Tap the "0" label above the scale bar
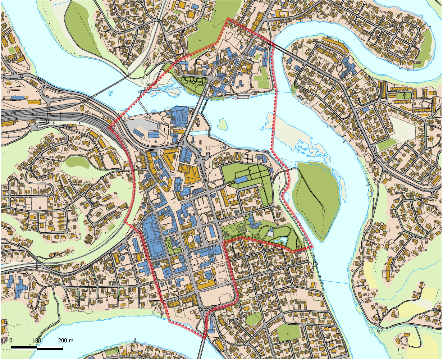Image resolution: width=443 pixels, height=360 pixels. coord(11,340)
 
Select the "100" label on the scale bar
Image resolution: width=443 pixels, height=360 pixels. coord(36,340)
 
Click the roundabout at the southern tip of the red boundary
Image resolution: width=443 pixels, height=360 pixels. coord(207,314)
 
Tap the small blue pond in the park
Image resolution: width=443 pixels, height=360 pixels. coord(280,240)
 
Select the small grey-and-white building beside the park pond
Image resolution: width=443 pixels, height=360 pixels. coord(270,234)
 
